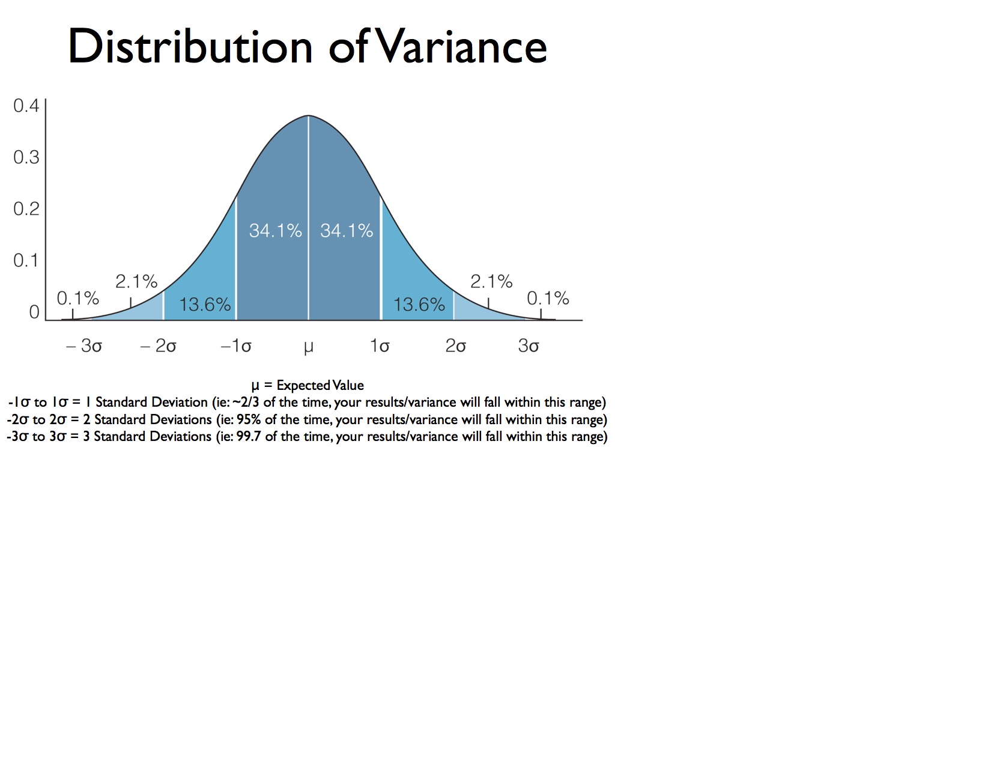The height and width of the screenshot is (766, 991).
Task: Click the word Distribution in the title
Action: [190, 46]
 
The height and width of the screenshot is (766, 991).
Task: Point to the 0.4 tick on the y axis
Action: [26, 105]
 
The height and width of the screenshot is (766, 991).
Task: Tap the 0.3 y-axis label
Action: [26, 157]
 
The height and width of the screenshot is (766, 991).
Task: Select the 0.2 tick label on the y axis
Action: [26, 208]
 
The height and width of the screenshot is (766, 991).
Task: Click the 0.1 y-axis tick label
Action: [26, 260]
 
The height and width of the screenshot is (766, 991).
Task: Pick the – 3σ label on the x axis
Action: [84, 345]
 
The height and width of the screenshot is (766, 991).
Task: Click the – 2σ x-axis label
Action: [158, 345]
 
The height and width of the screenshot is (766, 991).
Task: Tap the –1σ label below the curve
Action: [236, 345]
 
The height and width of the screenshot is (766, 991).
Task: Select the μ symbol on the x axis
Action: [309, 347]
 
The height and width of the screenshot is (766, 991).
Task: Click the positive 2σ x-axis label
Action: [456, 345]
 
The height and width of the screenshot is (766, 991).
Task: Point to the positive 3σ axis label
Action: [529, 345]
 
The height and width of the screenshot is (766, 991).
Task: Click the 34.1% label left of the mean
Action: [276, 230]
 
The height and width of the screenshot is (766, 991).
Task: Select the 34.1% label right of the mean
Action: [347, 230]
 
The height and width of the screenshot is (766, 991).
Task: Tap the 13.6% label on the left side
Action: [205, 305]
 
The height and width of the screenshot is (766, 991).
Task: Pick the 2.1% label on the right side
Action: [492, 281]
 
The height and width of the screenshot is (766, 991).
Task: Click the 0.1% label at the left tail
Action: [78, 298]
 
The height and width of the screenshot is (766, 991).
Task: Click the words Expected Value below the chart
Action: [320, 385]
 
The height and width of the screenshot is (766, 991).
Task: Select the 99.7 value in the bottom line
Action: [249, 436]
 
